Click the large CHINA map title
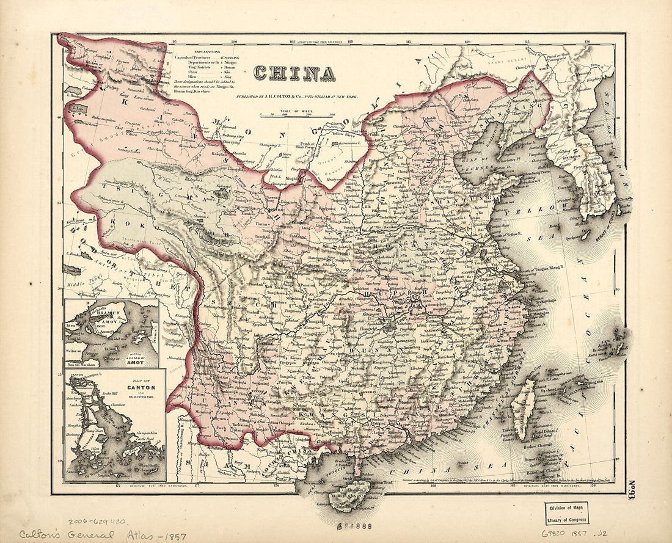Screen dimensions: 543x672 tap(294, 74)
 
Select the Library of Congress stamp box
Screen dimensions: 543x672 tap(567, 513)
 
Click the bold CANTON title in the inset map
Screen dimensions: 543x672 tap(142, 387)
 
